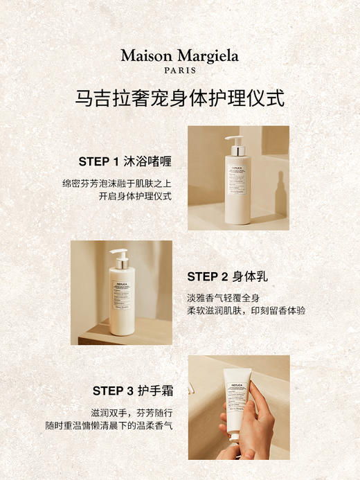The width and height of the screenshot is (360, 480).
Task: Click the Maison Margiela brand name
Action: (x=179, y=55)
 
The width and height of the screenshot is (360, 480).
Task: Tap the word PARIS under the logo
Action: (x=179, y=70)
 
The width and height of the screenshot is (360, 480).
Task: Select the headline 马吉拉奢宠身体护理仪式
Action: (x=179, y=98)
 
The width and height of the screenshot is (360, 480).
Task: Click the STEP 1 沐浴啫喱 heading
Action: (x=125, y=161)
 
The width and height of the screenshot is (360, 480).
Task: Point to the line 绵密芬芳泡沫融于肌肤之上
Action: (x=116, y=184)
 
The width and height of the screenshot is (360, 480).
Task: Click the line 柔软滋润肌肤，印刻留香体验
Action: (x=246, y=311)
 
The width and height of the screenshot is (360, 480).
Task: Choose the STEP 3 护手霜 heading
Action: (x=132, y=391)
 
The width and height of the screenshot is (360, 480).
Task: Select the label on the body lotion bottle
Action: (x=121, y=298)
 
